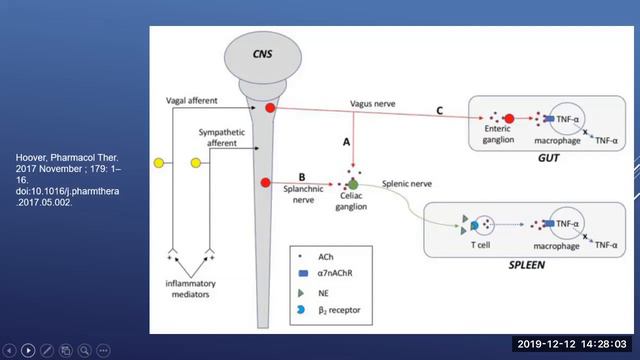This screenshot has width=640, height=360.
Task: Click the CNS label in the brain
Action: pyautogui.click(x=262, y=54)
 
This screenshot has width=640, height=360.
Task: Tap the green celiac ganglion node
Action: pyautogui.click(x=353, y=184)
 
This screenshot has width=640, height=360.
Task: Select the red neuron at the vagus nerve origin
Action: pyautogui.click(x=270, y=108)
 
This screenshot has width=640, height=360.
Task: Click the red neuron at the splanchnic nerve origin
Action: pyautogui.click(x=266, y=182)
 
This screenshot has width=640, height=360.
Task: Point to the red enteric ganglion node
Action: pyautogui.click(x=509, y=119)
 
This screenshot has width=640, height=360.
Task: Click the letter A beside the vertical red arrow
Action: pyautogui.click(x=346, y=142)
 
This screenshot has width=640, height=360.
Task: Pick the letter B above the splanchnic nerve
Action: pyautogui.click(x=302, y=177)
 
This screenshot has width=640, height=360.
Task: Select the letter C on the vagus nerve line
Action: pyautogui.click(x=440, y=111)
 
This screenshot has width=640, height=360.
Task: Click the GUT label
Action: pyautogui.click(x=548, y=158)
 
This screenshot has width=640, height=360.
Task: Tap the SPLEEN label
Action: pyautogui.click(x=527, y=265)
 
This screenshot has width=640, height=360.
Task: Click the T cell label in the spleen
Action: pyautogui.click(x=480, y=245)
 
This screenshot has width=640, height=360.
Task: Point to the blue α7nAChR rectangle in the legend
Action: pyautogui.click(x=303, y=273)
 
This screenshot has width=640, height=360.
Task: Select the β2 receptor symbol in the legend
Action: pyautogui.click(x=301, y=310)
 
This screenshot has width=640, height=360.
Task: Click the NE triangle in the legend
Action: pyautogui.click(x=301, y=293)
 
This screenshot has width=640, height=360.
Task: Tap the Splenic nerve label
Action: pyautogui.click(x=407, y=184)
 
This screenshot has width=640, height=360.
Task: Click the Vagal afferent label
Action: pyautogui.click(x=191, y=100)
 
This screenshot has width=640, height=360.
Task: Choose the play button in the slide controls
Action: pyautogui.click(x=28, y=350)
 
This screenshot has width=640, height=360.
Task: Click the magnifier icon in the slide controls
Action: pyautogui.click(x=84, y=350)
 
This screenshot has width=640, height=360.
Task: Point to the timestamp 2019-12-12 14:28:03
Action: pyautogui.click(x=572, y=344)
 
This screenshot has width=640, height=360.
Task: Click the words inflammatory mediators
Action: pyautogui.click(x=191, y=289)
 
